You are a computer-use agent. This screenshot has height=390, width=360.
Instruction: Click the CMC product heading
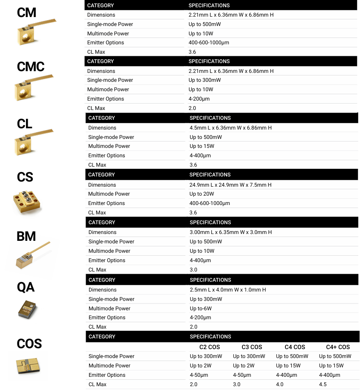[31, 66]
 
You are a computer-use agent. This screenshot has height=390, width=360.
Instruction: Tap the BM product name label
[26, 236]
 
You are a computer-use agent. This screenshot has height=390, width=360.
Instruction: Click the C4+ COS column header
[338, 347]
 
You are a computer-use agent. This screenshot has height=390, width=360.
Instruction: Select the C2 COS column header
[210, 347]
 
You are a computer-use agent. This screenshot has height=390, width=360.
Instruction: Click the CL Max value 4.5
[323, 384]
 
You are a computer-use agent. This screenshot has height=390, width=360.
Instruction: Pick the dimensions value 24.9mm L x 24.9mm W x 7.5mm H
[230, 185]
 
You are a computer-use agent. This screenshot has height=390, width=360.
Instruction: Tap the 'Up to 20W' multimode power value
[202, 194]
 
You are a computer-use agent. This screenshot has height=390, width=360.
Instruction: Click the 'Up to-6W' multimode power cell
[201, 309]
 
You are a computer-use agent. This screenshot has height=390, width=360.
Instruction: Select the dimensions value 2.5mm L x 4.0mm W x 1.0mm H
[228, 290]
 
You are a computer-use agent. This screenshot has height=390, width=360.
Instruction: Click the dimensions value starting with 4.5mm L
[230, 128]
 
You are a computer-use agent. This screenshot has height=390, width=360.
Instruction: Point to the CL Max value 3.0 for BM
[194, 270]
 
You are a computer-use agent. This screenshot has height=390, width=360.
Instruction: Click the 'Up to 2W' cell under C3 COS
[244, 366]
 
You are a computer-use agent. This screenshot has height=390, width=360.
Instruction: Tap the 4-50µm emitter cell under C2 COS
[199, 375]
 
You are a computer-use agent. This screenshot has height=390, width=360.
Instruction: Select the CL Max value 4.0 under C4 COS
[280, 384]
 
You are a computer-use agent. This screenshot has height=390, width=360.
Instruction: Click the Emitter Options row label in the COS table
[107, 375]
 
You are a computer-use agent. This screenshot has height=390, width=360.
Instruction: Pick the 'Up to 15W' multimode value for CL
[202, 146]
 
